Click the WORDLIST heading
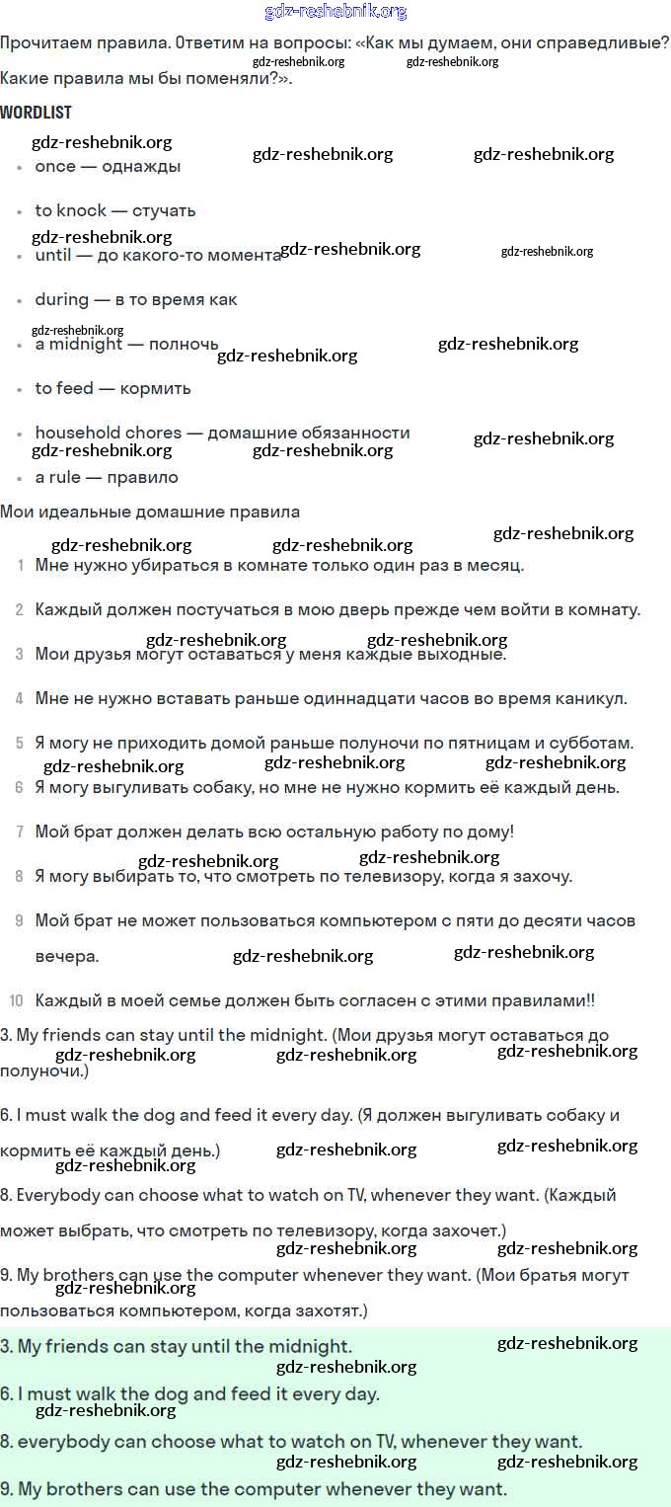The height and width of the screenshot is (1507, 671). [36, 113]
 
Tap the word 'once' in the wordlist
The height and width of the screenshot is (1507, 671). [55, 167]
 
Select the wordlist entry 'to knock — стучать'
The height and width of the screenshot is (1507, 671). [115, 210]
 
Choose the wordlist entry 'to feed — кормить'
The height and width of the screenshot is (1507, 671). [112, 388]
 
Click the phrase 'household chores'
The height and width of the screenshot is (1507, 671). [109, 433]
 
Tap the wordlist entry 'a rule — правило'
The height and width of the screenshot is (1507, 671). [107, 477]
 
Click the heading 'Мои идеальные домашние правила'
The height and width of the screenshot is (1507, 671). [150, 512]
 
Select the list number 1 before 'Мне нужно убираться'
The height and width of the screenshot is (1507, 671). [21, 566]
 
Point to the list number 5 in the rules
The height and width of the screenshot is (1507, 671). [20, 743]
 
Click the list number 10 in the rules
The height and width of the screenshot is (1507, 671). [16, 1000]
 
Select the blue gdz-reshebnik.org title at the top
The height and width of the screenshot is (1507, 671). [335, 12]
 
